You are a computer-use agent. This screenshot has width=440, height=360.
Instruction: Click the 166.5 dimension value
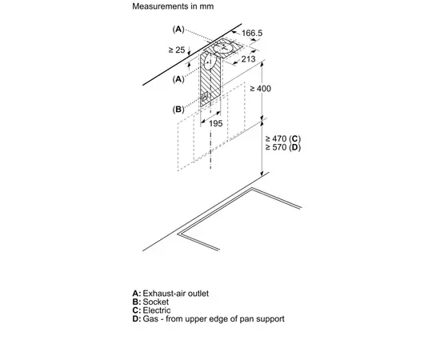pos(252,33)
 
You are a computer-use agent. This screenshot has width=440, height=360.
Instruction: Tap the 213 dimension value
pos(248,59)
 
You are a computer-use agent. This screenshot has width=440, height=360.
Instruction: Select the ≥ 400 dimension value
pos(261,89)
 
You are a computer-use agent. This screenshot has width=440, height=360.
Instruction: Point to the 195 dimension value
pos(215,123)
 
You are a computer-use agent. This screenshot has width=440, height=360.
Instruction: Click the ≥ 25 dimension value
pos(177,50)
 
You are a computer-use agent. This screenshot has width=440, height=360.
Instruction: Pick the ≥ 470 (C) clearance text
pos(283,138)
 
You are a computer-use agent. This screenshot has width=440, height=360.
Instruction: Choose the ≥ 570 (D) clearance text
pos(283,147)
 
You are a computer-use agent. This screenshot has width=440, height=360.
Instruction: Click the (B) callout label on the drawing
pos(178,109)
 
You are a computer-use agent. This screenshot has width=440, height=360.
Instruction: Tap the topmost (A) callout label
pos(178,29)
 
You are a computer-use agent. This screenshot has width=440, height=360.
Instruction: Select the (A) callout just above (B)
pos(178,79)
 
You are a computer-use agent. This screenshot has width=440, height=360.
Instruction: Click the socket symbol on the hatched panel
pos(204,98)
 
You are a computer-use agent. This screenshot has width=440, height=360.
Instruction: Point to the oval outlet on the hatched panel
pos(209,62)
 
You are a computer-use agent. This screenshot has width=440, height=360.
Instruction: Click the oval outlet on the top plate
pos(224,48)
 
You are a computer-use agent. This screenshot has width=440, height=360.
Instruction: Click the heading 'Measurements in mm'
pos(173,6)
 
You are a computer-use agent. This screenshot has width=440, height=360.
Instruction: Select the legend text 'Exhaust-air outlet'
pos(176,294)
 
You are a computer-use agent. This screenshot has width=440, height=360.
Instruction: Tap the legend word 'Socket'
pos(156,302)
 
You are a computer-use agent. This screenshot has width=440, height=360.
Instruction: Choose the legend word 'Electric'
pos(157,310)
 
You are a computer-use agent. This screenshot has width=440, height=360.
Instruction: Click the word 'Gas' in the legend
pos(150,319)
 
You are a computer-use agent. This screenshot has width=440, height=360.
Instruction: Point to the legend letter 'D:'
pos(137,319)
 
